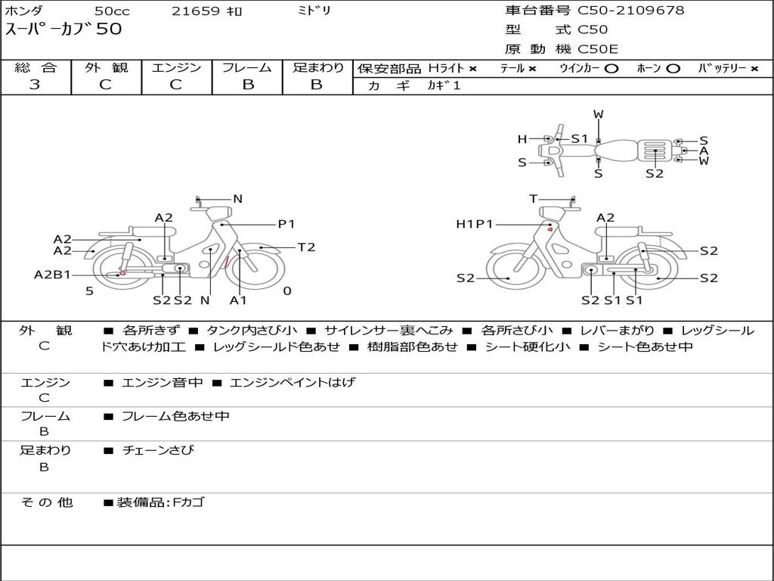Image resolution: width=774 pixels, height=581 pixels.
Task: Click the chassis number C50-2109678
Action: (631, 11)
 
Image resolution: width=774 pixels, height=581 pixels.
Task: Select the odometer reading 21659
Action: (195, 11)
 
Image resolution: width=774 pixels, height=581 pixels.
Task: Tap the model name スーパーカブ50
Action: (63, 30)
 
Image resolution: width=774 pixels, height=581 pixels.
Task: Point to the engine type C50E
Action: (598, 49)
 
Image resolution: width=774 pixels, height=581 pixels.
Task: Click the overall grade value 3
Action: (35, 85)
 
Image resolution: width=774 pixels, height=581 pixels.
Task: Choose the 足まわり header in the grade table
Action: (317, 68)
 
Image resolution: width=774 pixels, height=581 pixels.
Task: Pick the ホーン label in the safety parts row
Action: (649, 69)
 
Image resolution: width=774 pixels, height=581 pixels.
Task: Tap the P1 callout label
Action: (286, 224)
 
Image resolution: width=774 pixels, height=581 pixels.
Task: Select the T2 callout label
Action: (306, 247)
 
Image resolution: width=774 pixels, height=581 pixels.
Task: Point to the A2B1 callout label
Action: (52, 275)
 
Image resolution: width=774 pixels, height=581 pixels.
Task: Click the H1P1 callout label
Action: (475, 224)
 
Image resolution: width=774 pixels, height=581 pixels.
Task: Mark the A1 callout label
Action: (239, 300)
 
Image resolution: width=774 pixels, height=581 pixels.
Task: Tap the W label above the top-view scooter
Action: (599, 115)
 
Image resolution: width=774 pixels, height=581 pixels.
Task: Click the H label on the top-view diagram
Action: (522, 139)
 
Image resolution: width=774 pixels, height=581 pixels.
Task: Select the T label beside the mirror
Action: (534, 199)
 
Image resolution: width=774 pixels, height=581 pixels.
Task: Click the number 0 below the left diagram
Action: (287, 291)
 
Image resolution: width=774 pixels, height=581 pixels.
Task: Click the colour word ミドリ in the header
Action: (314, 11)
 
